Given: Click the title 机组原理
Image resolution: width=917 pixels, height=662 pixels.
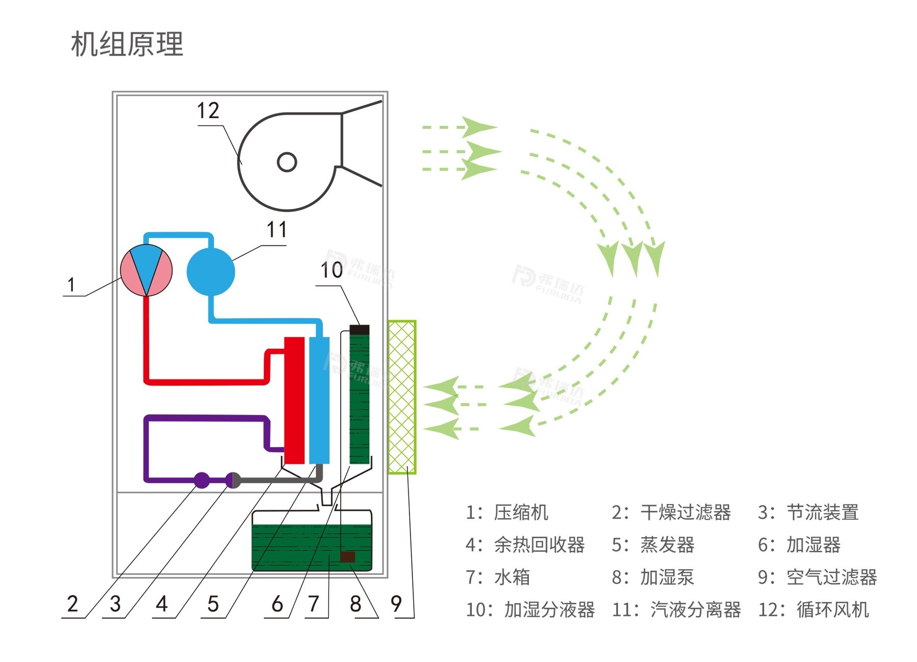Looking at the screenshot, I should pos(127,44).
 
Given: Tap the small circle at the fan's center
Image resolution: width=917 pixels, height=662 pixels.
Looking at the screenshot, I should pos(287,162).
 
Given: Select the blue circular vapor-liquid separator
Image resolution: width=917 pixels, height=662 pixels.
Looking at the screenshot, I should pos(210,271).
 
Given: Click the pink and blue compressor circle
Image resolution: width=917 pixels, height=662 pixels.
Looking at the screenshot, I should pos(146,270).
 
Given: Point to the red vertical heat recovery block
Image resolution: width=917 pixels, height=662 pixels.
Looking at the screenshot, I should pos(294,400).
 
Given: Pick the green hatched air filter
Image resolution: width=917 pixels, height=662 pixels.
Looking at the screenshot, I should pos(402,397).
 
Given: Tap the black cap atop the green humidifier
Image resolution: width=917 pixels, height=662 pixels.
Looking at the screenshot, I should pos(360,329).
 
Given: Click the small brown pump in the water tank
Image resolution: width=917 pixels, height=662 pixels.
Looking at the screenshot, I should pos(347,557).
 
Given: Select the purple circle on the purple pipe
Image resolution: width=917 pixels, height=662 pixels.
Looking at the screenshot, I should pos(202,480).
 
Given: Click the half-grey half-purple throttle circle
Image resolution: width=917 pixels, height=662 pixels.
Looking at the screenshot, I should pos(233,480).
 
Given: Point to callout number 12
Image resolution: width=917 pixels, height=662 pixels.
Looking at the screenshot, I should pos(208,111).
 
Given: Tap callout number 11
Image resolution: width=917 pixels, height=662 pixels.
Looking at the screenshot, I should pos(277,230).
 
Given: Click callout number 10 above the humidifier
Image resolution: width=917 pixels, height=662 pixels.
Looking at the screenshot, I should pos(331,270).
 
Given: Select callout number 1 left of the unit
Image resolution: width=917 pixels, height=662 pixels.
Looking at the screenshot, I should pos(71,285).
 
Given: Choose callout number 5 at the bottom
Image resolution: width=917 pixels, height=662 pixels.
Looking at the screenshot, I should pos(213,604).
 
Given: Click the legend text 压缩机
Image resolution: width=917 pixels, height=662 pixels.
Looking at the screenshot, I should pos(521,512).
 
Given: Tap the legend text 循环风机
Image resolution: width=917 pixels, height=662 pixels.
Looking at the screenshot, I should pos(832,610).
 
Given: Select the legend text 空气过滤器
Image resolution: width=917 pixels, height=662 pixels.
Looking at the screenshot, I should pos(831,577).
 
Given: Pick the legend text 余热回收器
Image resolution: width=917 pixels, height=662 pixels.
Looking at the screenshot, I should pos(539,545).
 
